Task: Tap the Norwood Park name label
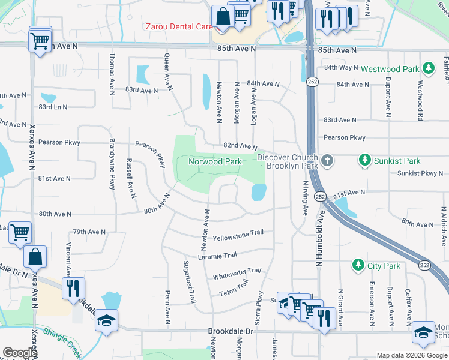(215, 161)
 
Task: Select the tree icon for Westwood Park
(428, 68)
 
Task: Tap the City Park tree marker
(358, 265)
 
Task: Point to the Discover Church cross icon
(327, 161)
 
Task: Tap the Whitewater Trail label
(238, 275)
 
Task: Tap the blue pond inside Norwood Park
(258, 193)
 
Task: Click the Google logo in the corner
(20, 353)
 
